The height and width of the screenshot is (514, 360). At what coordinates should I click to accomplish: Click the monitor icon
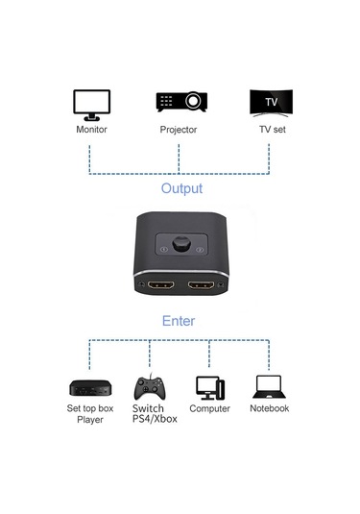(91, 103)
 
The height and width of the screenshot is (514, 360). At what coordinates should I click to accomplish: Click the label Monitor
(91, 129)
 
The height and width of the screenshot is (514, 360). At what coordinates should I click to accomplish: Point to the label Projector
(179, 129)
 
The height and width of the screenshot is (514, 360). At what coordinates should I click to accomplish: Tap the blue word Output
(181, 188)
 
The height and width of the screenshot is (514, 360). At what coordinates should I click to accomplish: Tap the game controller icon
(148, 388)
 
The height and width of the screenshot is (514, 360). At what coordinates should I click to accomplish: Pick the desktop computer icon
(209, 386)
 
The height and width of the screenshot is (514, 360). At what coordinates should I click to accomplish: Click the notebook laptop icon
(270, 386)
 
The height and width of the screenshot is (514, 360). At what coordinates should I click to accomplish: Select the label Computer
(209, 408)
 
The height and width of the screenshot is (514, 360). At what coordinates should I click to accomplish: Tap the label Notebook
(270, 408)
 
